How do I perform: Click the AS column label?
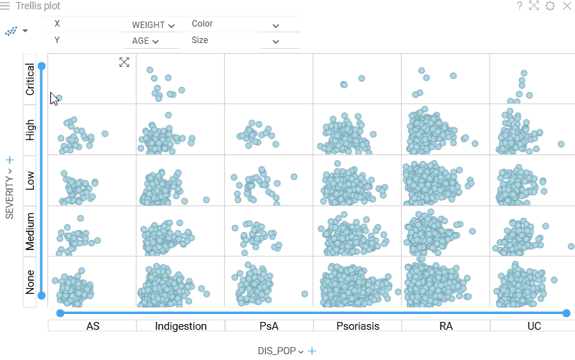(x=93, y=326)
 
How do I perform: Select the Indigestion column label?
(x=180, y=326)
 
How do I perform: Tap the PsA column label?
(x=269, y=326)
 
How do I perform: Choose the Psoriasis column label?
(x=357, y=326)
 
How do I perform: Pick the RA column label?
(x=446, y=326)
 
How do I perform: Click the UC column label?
(x=534, y=326)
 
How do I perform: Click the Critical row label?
(x=30, y=79)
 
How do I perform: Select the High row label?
(x=30, y=130)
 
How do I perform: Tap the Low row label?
(x=30, y=181)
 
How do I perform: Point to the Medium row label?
(x=30, y=231)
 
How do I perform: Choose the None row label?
(x=30, y=282)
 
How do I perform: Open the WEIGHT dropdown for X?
(x=153, y=24)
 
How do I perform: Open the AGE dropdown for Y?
(x=145, y=41)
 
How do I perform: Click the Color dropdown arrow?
(x=275, y=25)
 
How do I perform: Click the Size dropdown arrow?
(x=275, y=42)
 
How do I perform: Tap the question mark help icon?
(x=519, y=6)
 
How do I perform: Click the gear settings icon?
(x=550, y=6)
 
